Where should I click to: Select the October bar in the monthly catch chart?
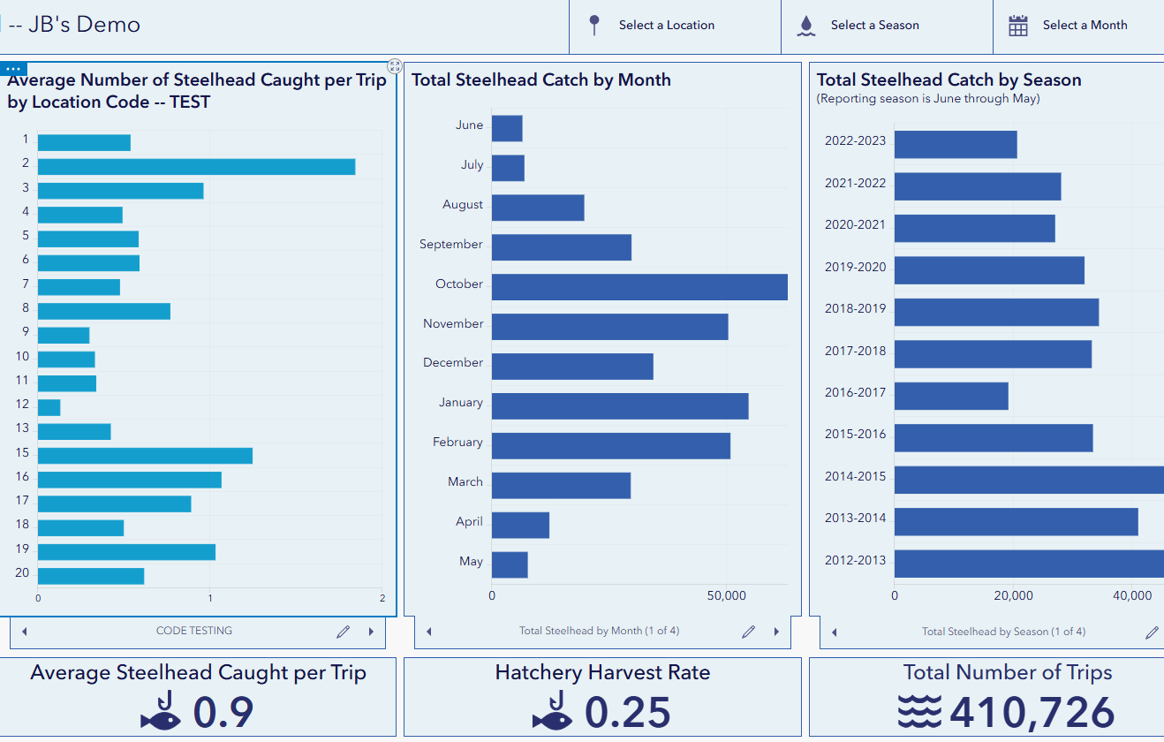point(639,287)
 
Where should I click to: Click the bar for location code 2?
point(196,167)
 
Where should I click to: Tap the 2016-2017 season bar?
point(951,396)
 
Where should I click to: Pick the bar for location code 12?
point(49,407)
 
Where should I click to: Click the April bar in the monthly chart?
point(521,526)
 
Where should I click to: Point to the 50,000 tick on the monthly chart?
point(727,595)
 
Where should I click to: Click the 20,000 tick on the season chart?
point(1013,595)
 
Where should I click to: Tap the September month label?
point(451,244)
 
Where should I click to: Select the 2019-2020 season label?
point(855,267)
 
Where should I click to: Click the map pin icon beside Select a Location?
point(594,25)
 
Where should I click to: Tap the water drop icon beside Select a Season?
point(806,26)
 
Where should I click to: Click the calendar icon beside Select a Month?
point(1018,26)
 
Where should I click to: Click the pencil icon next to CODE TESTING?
point(343,632)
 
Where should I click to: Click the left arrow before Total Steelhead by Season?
point(834,632)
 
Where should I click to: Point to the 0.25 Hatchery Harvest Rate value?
point(628,712)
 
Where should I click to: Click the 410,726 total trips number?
point(1032,712)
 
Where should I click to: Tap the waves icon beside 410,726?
point(919,711)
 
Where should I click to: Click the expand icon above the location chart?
point(395,66)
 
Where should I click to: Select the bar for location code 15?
point(145,456)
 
